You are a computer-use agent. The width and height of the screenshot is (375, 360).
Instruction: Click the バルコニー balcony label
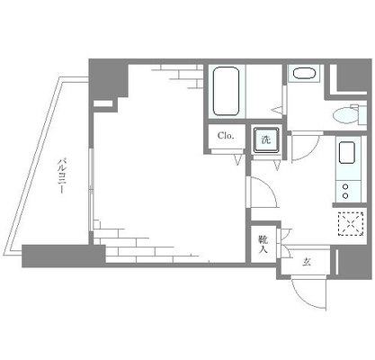[x=61, y=176]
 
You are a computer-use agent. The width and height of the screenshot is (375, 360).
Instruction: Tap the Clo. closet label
[x=226, y=136]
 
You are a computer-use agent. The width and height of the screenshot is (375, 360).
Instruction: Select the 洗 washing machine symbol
[x=266, y=140]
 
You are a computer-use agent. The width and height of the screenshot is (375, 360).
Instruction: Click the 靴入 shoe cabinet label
[x=263, y=244]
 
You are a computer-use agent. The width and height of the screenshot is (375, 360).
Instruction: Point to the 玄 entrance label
[x=306, y=263]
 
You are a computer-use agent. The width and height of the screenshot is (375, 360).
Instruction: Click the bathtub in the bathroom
[x=226, y=91]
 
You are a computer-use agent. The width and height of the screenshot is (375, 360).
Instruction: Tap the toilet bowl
[x=346, y=116]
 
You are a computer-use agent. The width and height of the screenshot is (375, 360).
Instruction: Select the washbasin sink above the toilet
[x=304, y=74]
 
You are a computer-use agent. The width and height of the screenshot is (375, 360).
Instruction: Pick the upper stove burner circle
[x=345, y=187]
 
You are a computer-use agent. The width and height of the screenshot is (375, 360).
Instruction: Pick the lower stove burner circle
[x=345, y=196]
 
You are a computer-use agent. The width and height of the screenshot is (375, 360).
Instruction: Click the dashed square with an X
[x=351, y=224]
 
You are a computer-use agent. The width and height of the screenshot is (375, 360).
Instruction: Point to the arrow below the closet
[x=238, y=159]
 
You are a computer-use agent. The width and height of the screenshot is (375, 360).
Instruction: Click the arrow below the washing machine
[x=277, y=166]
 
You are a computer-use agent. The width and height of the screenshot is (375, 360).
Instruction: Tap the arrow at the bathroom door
[x=277, y=110]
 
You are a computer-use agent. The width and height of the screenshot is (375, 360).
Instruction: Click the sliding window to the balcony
[x=92, y=190]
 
